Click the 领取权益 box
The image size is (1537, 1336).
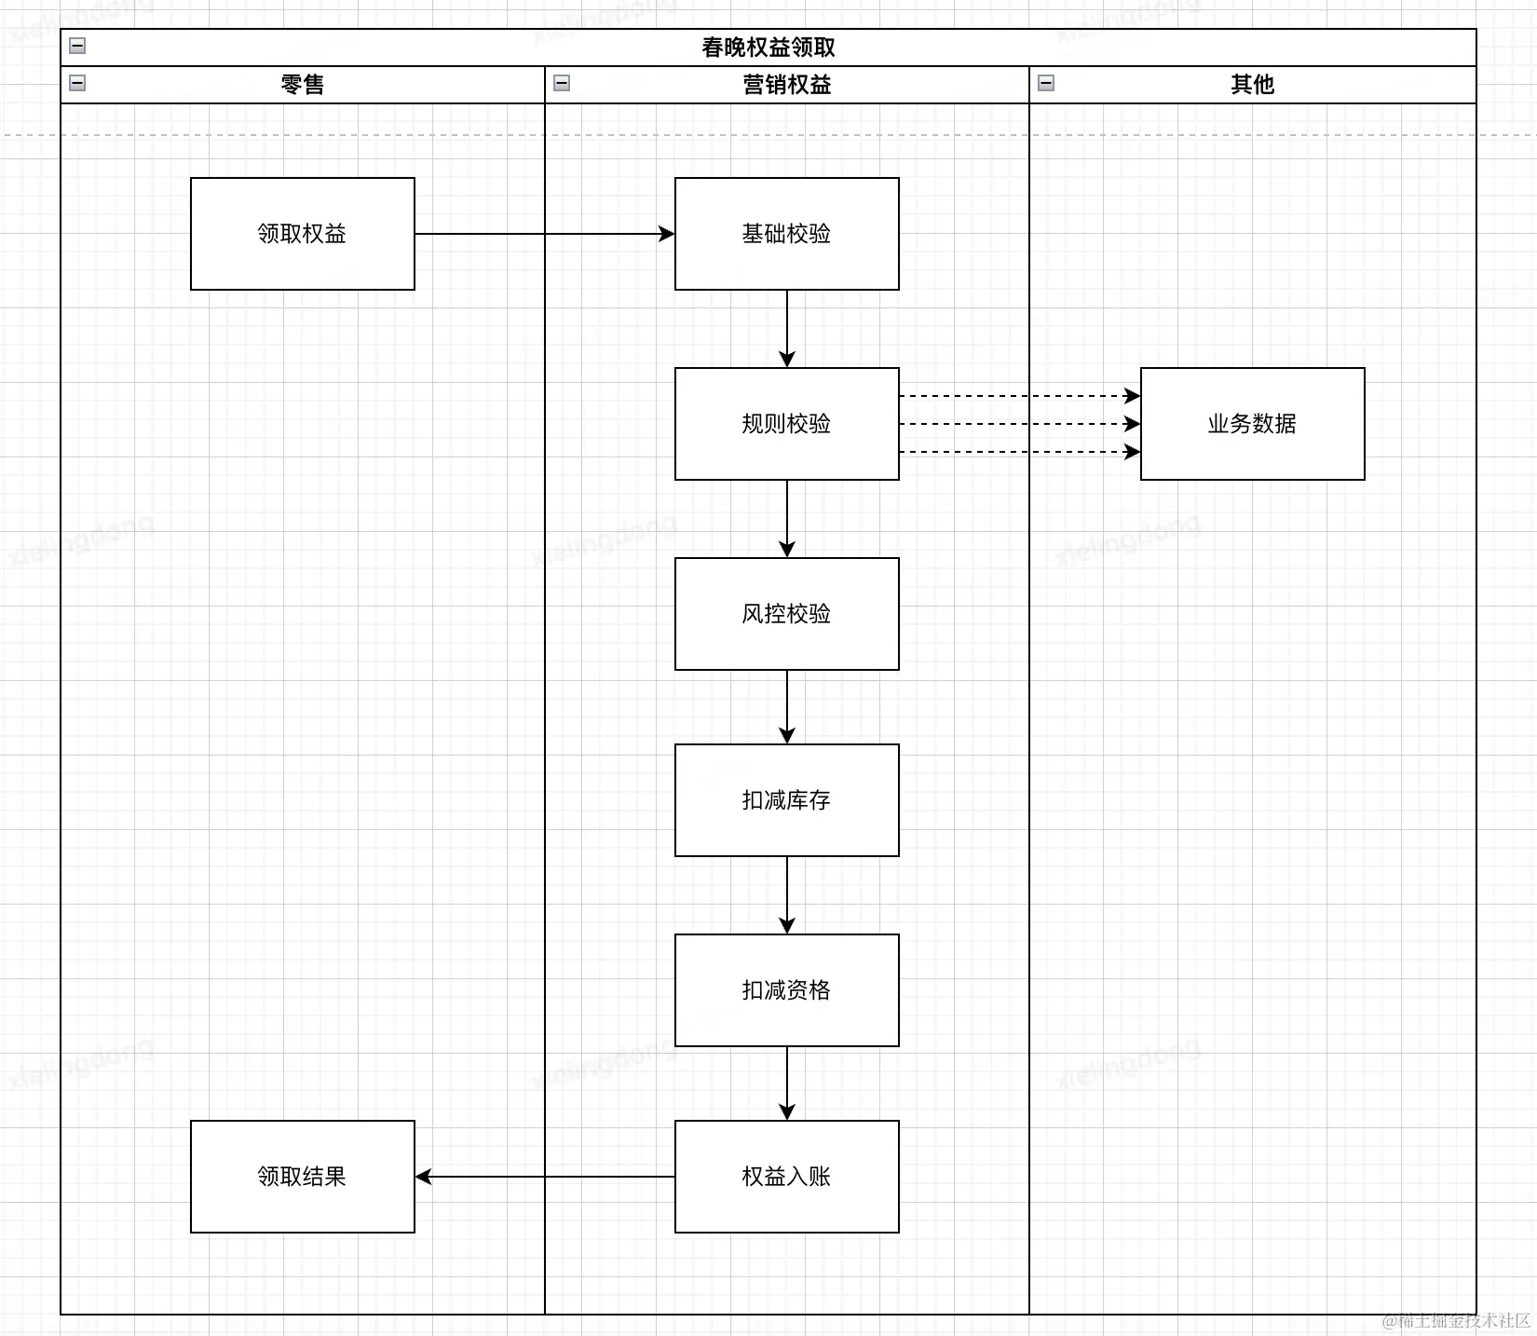(302, 234)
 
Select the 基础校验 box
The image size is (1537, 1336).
(786, 234)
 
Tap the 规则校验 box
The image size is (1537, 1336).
(786, 424)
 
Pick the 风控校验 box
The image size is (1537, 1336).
(786, 614)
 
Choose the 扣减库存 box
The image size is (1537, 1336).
(786, 800)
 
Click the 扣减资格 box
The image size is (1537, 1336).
(786, 990)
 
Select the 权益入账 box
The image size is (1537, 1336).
(786, 1177)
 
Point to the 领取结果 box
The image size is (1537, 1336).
(302, 1177)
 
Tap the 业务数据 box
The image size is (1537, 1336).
(1252, 424)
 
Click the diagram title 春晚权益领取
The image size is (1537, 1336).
(768, 48)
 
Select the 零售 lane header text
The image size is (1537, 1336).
(302, 85)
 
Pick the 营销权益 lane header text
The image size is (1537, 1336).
(786, 85)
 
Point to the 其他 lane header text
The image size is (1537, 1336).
(1252, 85)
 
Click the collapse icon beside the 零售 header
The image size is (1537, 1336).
(77, 83)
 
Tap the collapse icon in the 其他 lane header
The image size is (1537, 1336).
(1046, 83)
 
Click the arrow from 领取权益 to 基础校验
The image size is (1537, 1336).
(544, 234)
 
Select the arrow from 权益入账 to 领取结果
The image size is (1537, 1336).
(544, 1177)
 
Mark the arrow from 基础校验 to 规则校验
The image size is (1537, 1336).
(787, 328)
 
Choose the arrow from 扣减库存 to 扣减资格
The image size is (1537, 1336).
(787, 894)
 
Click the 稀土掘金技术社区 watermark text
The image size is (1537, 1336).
(1457, 1320)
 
